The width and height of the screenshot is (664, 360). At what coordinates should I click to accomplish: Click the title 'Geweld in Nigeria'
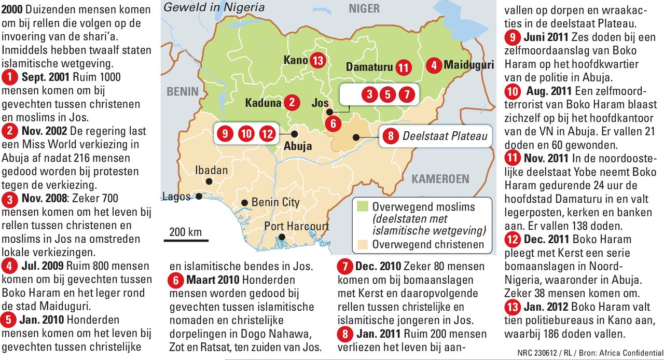[x=214, y=7]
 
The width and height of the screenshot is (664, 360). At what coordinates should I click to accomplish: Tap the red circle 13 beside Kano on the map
[x=318, y=61]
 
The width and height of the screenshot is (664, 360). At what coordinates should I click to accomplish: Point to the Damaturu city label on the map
[x=369, y=67]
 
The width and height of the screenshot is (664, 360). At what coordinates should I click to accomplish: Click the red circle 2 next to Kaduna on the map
[x=292, y=103]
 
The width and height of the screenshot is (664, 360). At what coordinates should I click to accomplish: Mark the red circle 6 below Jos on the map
[x=333, y=123]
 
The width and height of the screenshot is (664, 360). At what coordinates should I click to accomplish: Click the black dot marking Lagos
[x=199, y=197]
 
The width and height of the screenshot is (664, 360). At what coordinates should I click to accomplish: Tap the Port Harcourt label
[x=296, y=226]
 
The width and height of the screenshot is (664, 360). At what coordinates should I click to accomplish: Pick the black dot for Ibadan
[x=209, y=182]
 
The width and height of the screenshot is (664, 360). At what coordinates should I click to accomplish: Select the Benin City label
[x=275, y=202]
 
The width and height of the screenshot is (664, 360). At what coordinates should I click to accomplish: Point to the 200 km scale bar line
[x=186, y=240]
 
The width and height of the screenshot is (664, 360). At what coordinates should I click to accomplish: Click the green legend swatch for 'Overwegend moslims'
[x=362, y=207]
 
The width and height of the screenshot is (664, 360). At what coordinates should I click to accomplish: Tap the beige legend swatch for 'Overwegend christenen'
[x=362, y=244]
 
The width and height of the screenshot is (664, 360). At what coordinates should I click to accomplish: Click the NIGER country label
[x=364, y=8]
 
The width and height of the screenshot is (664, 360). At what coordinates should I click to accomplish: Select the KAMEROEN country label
[x=440, y=179]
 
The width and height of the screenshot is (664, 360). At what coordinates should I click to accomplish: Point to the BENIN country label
[x=183, y=91]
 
